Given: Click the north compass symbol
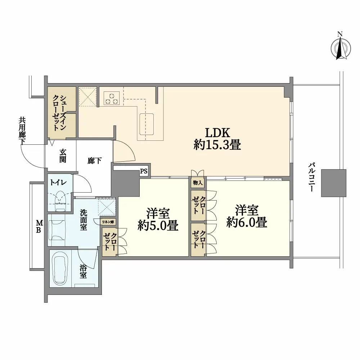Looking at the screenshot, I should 340,47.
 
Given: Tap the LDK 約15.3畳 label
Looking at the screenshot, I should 217,138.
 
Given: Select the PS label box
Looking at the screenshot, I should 144,172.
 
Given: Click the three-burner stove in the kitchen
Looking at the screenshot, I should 111,98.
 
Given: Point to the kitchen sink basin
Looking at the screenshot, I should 146,120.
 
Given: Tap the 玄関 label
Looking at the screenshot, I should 63,155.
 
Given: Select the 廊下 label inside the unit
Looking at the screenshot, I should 94,161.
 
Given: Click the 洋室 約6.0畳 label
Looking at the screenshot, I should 247,216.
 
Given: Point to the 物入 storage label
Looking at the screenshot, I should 198,183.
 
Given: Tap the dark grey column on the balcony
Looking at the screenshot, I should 333,183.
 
